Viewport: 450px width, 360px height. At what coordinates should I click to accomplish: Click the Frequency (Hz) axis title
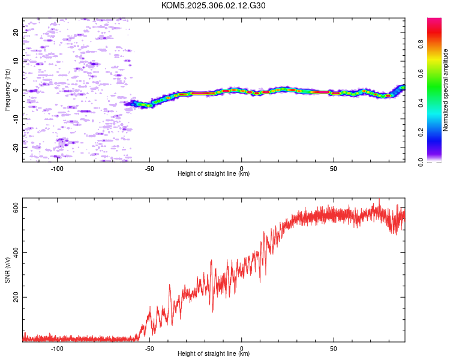coord(7,90)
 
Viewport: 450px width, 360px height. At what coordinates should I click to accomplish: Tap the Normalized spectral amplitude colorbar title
coord(446,90)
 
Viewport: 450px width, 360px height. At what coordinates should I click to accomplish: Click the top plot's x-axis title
coord(214,173)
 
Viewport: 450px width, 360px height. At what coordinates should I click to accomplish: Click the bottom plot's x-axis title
coord(214,353)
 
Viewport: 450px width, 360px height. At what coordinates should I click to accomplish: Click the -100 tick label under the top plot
coord(58,168)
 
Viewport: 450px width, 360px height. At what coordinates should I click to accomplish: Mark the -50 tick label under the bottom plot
coord(149,348)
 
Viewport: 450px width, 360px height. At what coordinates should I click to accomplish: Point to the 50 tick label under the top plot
coord(334,168)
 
